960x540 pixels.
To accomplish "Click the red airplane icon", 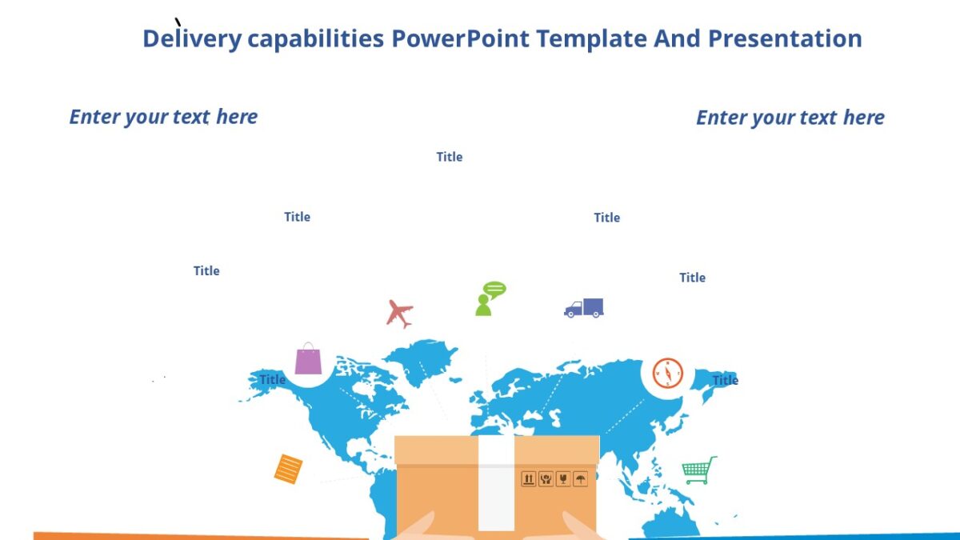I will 399,313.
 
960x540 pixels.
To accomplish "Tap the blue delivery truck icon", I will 584,308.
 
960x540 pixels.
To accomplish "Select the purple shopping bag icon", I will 308,359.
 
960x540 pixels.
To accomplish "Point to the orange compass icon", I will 667,373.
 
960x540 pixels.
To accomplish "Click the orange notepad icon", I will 288,469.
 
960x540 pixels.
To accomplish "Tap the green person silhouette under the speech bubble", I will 483,306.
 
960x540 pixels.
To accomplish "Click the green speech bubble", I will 495,289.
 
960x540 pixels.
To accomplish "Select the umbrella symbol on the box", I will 581,479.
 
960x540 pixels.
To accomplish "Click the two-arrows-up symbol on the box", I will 529,479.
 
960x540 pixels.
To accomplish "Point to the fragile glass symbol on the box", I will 563,479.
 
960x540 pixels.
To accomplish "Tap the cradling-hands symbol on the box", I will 546,479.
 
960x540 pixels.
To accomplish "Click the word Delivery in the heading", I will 192,38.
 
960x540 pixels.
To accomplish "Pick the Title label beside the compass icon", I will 725,380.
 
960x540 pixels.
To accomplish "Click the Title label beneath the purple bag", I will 272,379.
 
